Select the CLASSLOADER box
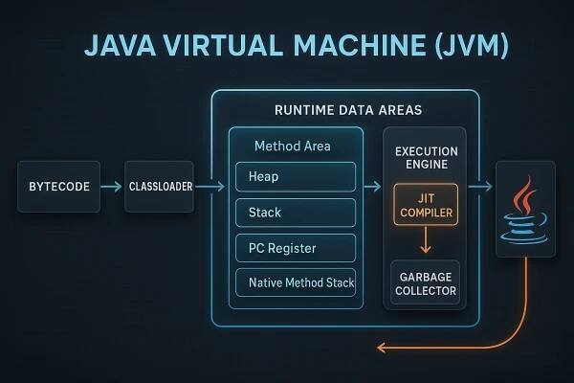(x=159, y=187)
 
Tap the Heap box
(x=295, y=177)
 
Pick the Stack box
(x=295, y=213)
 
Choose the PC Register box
(x=295, y=248)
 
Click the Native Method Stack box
(x=295, y=283)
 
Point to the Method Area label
(x=292, y=146)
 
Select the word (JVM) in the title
(x=476, y=47)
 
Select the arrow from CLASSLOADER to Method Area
(x=210, y=187)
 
